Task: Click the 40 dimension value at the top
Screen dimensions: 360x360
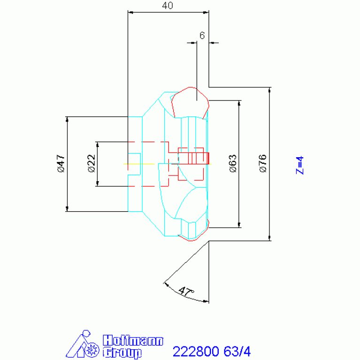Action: click(x=168, y=6)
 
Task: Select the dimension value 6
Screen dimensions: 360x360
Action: click(x=202, y=36)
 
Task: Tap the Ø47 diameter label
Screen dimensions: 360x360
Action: click(x=61, y=163)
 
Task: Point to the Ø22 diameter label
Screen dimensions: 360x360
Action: click(x=92, y=163)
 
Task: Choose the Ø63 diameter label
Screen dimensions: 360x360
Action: click(x=233, y=163)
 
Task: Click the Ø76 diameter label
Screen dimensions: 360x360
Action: click(x=263, y=163)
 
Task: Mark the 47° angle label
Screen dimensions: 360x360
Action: click(x=186, y=291)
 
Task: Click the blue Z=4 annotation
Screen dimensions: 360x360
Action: click(x=299, y=165)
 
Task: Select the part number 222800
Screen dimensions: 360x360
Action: click(x=196, y=352)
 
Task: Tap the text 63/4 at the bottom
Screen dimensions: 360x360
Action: click(x=237, y=352)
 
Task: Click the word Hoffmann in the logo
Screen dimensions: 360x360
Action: click(x=133, y=340)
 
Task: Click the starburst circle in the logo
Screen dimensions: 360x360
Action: click(x=92, y=350)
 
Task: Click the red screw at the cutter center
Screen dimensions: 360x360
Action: click(x=193, y=159)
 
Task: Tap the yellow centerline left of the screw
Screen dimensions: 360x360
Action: click(x=139, y=164)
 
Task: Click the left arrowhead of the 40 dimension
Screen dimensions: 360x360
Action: click(x=130, y=12)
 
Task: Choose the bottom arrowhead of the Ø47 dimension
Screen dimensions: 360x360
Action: click(x=67, y=209)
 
